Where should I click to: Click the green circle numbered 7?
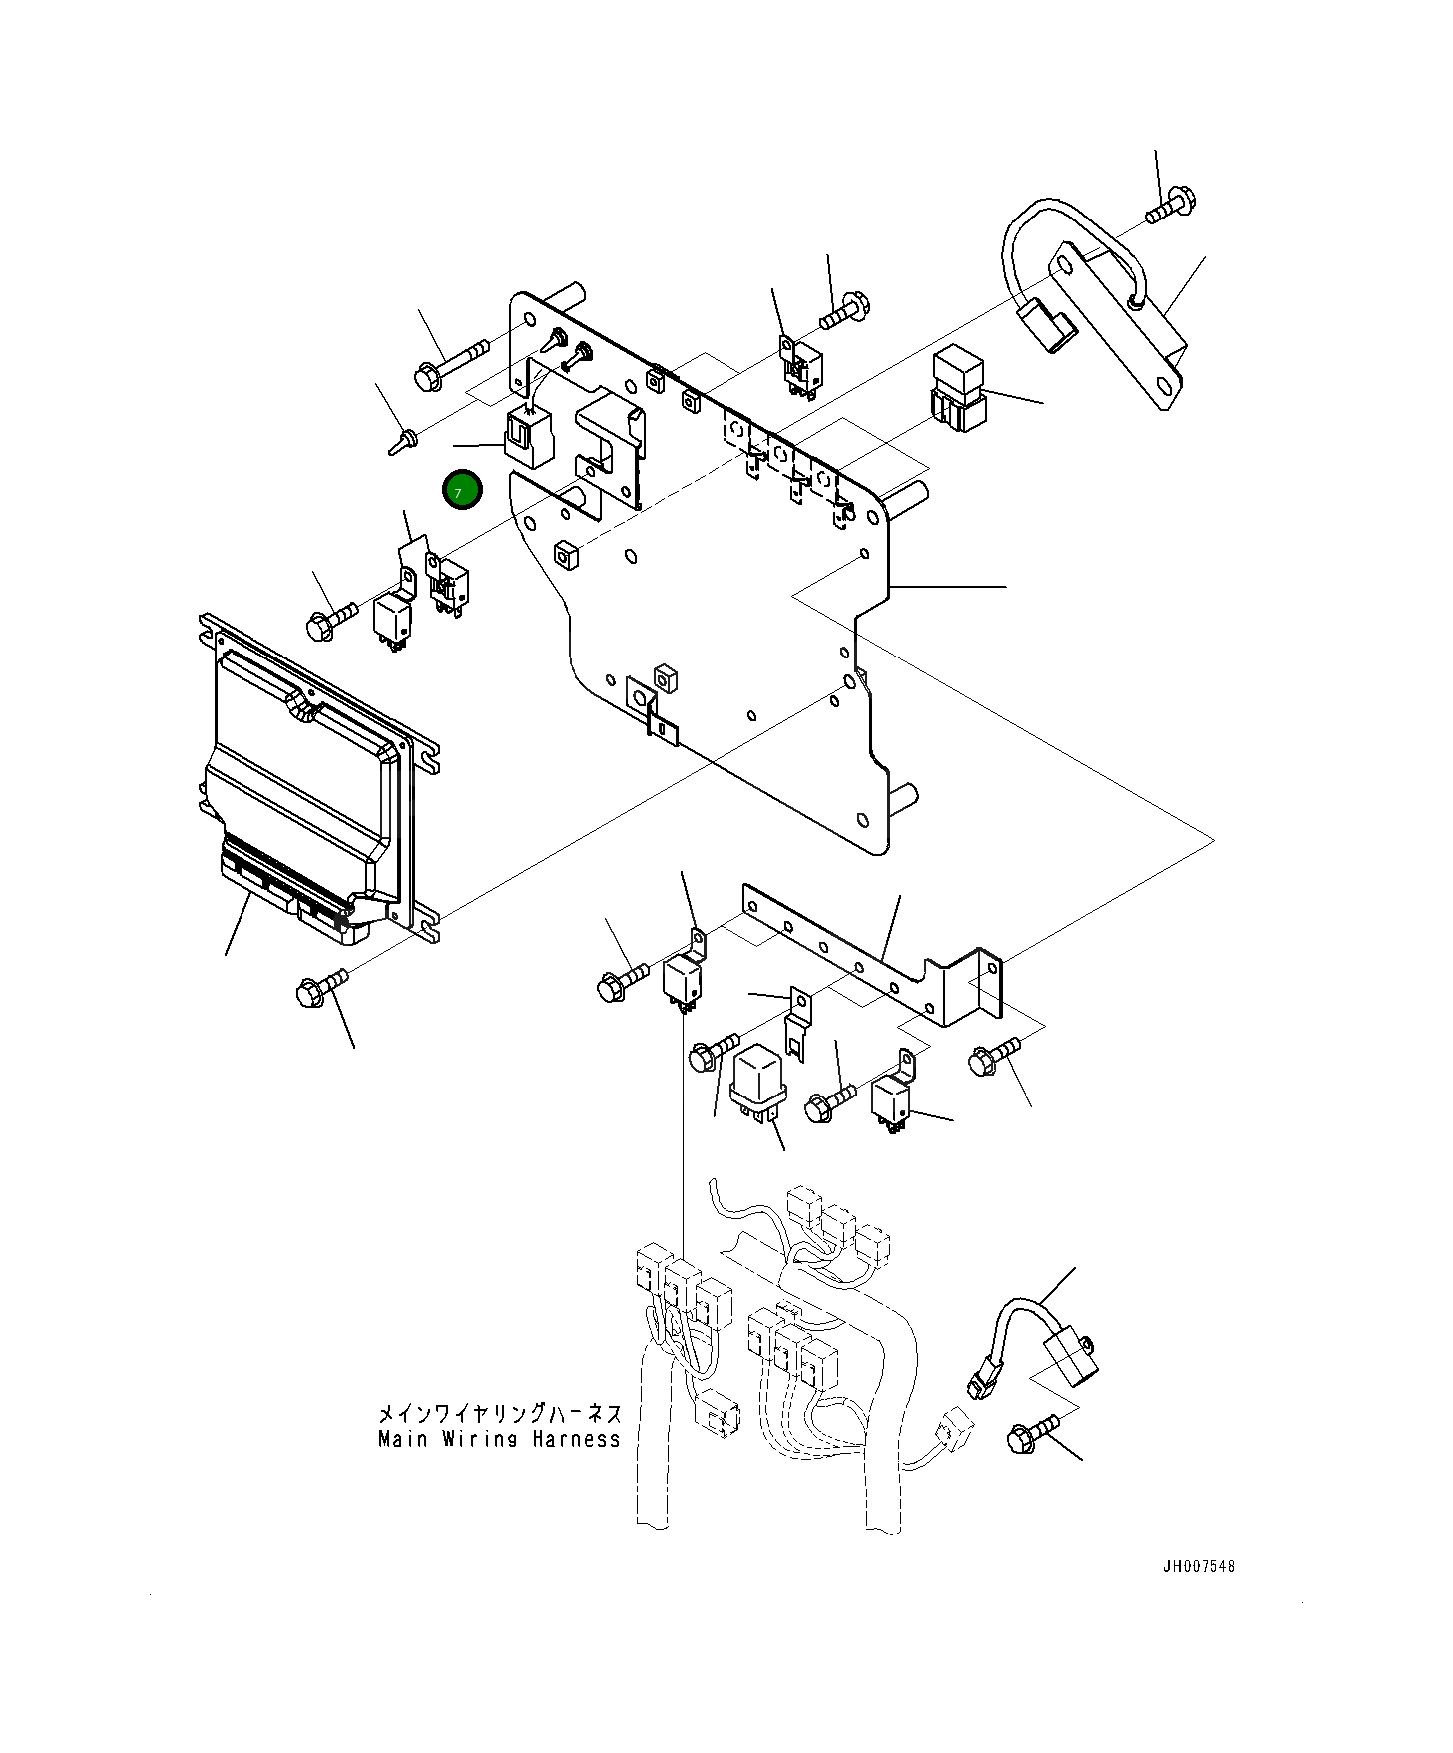click(462, 490)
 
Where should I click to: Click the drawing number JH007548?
click(1198, 1567)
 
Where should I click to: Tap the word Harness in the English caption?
click(576, 1439)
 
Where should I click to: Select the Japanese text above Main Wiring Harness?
click(499, 1413)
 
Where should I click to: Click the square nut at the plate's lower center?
click(666, 678)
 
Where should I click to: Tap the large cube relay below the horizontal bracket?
click(759, 1081)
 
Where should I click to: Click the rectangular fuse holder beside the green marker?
click(529, 439)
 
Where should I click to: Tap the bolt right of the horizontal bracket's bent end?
click(994, 1056)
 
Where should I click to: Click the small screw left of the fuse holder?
click(404, 440)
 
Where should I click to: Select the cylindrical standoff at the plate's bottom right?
click(903, 798)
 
